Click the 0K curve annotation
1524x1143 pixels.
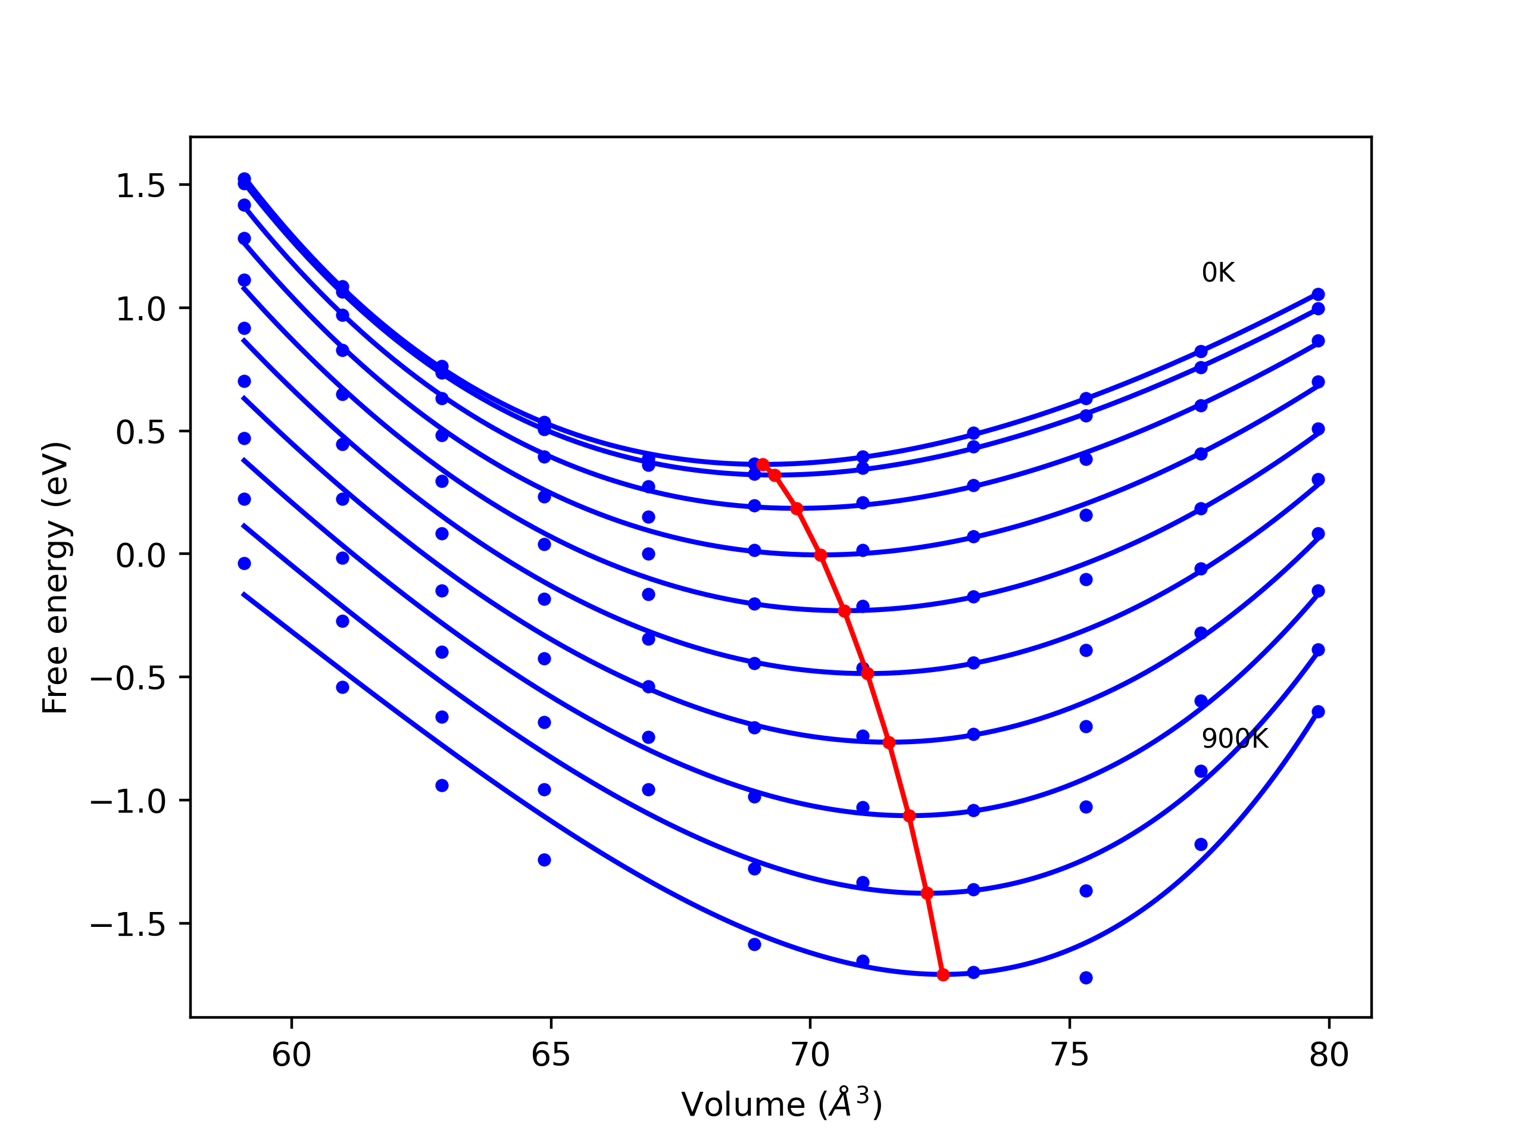click(1217, 273)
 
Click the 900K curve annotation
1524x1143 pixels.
click(1235, 739)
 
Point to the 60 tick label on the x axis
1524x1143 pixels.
click(292, 1055)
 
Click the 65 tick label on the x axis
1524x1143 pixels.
click(551, 1055)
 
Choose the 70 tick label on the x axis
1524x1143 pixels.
click(810, 1055)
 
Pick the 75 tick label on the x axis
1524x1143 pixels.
click(1069, 1055)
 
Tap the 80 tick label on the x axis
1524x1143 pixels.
click(1328, 1055)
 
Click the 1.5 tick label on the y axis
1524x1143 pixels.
click(140, 186)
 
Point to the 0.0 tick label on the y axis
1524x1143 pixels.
click(140, 555)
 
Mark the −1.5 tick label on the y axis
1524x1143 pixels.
click(128, 925)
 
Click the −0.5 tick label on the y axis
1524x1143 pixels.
click(128, 679)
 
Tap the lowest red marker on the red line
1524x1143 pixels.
click(943, 975)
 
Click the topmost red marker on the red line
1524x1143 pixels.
click(763, 465)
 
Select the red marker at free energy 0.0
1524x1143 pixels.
click(820, 555)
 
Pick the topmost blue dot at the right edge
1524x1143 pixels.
click(1318, 294)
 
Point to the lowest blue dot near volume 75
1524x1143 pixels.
click(1086, 978)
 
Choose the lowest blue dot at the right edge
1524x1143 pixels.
click(1318, 712)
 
